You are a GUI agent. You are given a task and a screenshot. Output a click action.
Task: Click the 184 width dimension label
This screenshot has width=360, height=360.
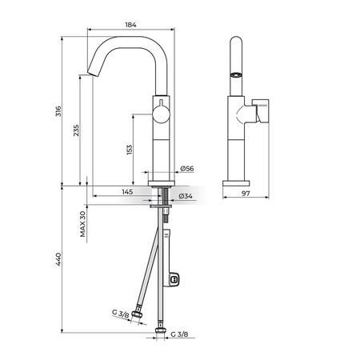coord(130,25)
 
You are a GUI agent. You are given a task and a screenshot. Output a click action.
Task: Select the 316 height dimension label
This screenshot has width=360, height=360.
coord(58,111)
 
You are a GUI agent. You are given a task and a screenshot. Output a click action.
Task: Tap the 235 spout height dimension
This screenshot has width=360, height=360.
coord(76,130)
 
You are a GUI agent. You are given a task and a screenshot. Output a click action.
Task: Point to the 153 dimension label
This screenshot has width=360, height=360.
coord(130,150)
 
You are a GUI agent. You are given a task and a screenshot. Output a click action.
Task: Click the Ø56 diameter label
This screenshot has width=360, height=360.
coord(187,169)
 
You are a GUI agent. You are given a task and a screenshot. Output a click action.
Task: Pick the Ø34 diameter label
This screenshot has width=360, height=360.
coord(186,196)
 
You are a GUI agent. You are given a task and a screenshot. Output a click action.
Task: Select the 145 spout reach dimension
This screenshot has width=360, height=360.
coord(127,192)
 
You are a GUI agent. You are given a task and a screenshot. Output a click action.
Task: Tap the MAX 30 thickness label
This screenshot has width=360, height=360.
coord(82,224)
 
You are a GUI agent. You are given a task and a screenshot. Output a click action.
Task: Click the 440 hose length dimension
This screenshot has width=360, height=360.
coord(58,259)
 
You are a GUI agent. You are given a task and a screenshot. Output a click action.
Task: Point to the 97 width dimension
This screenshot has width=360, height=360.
coord(246,194)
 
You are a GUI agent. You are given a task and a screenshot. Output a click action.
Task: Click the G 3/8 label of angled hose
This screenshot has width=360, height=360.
coord(121,314)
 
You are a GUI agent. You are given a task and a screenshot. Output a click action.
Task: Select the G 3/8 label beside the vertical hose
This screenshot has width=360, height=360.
coord(179,334)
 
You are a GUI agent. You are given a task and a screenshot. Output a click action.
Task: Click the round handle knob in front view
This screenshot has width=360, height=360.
coord(161,114)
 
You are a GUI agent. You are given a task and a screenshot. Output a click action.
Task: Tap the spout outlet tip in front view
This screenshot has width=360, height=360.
coord(93,73)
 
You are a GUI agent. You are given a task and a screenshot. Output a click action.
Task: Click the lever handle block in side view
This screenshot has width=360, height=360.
coord(262,111)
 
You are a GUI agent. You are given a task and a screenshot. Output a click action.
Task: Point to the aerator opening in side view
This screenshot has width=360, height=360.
coord(236,75)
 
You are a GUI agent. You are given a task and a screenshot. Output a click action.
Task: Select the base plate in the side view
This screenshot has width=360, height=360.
coord(236,183)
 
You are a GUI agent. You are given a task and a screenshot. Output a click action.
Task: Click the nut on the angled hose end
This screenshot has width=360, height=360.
coord(138,315)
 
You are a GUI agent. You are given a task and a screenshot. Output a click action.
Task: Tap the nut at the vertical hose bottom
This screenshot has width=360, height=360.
coord(161,331)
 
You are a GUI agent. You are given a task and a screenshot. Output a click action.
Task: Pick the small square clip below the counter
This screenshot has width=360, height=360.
coord(174,279)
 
